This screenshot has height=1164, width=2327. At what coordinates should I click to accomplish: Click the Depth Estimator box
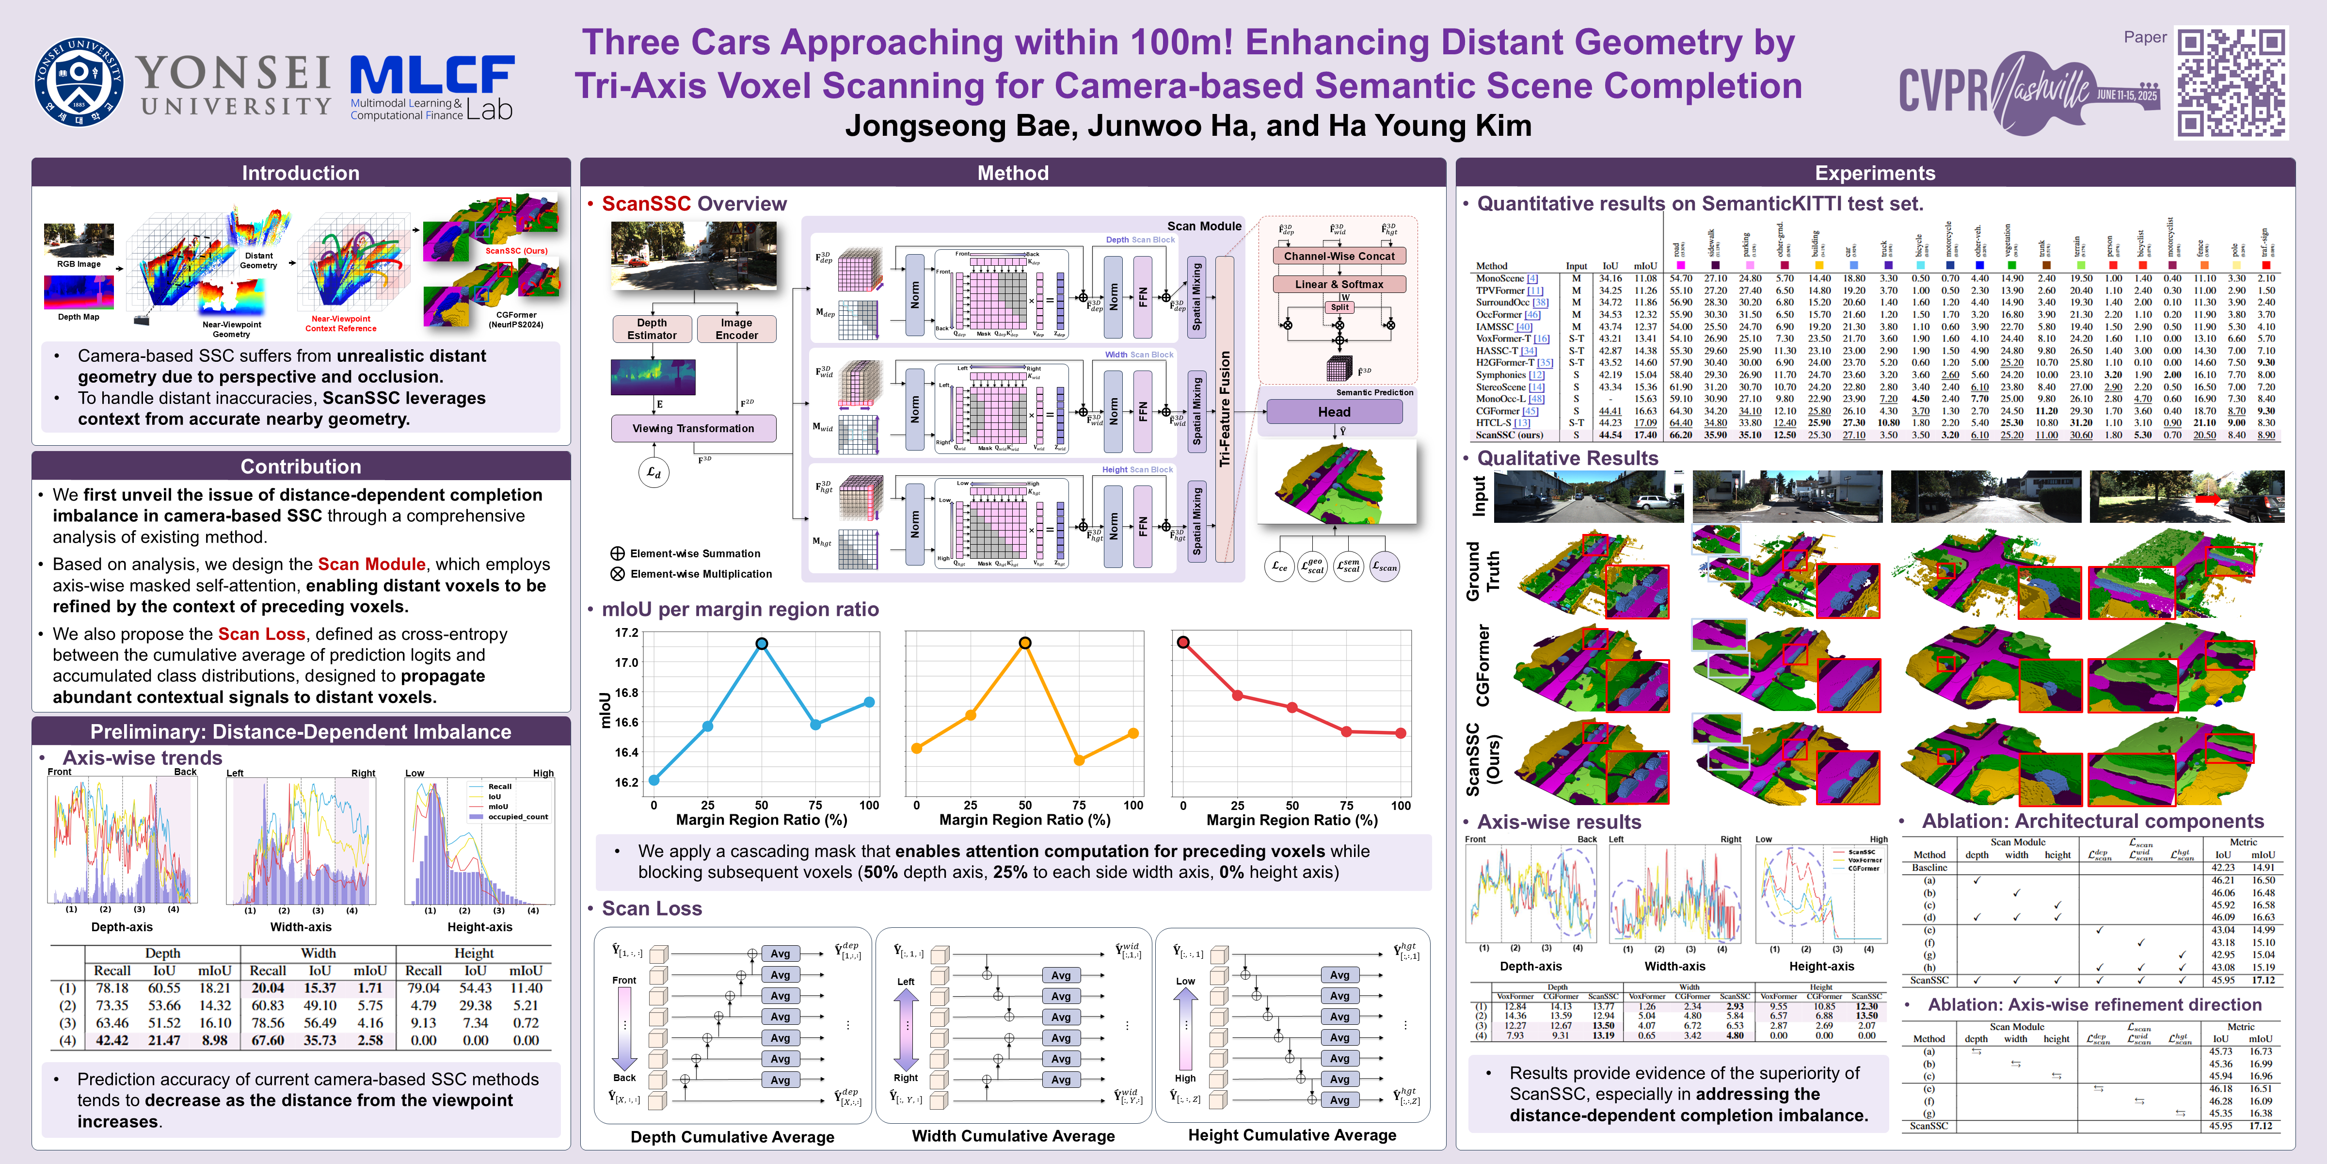click(x=651, y=329)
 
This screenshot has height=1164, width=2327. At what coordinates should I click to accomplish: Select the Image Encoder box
click(x=736, y=329)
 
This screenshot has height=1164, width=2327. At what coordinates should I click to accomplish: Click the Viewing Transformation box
click(x=693, y=428)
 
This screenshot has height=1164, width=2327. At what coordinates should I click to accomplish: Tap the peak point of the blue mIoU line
click(x=762, y=644)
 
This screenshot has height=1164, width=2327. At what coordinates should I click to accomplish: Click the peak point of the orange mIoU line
click(x=1024, y=643)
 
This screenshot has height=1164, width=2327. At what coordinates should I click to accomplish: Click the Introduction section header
click(x=300, y=173)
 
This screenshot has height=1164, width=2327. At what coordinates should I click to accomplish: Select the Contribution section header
click(x=300, y=466)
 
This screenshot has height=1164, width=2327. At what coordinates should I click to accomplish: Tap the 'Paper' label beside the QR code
click(x=2145, y=37)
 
